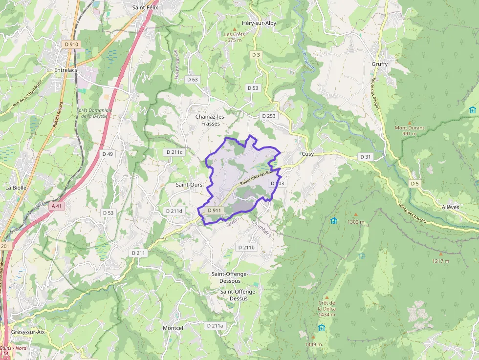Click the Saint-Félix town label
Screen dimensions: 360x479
pyautogui.click(x=145, y=7)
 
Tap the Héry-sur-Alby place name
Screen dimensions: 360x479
pyautogui.click(x=259, y=23)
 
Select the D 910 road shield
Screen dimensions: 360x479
pyautogui.click(x=71, y=44)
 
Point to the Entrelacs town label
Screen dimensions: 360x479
pyautogui.click(x=65, y=70)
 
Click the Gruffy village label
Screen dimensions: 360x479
pyautogui.click(x=379, y=64)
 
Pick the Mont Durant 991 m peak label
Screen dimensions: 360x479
pyautogui.click(x=410, y=131)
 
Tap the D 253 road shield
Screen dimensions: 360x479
pyautogui.click(x=269, y=116)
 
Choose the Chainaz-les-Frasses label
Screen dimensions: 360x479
pyautogui.click(x=211, y=120)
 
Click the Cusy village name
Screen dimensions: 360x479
pyautogui.click(x=307, y=154)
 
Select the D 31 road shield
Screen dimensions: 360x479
pyautogui.click(x=366, y=157)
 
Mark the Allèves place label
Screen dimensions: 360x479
pyautogui.click(x=450, y=207)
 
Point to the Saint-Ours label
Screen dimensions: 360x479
pyautogui.click(x=189, y=185)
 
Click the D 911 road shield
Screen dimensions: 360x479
pyautogui.click(x=215, y=211)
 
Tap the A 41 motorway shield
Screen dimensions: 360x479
pyautogui.click(x=57, y=206)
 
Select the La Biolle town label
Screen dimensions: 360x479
pyautogui.click(x=16, y=187)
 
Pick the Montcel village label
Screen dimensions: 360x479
pyautogui.click(x=173, y=328)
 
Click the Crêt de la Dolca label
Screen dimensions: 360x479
pyautogui.click(x=327, y=309)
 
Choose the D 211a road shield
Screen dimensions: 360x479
pyautogui.click(x=215, y=326)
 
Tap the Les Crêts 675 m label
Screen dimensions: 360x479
pyautogui.click(x=234, y=37)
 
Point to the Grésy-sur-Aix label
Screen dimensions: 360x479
pyautogui.click(x=28, y=332)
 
